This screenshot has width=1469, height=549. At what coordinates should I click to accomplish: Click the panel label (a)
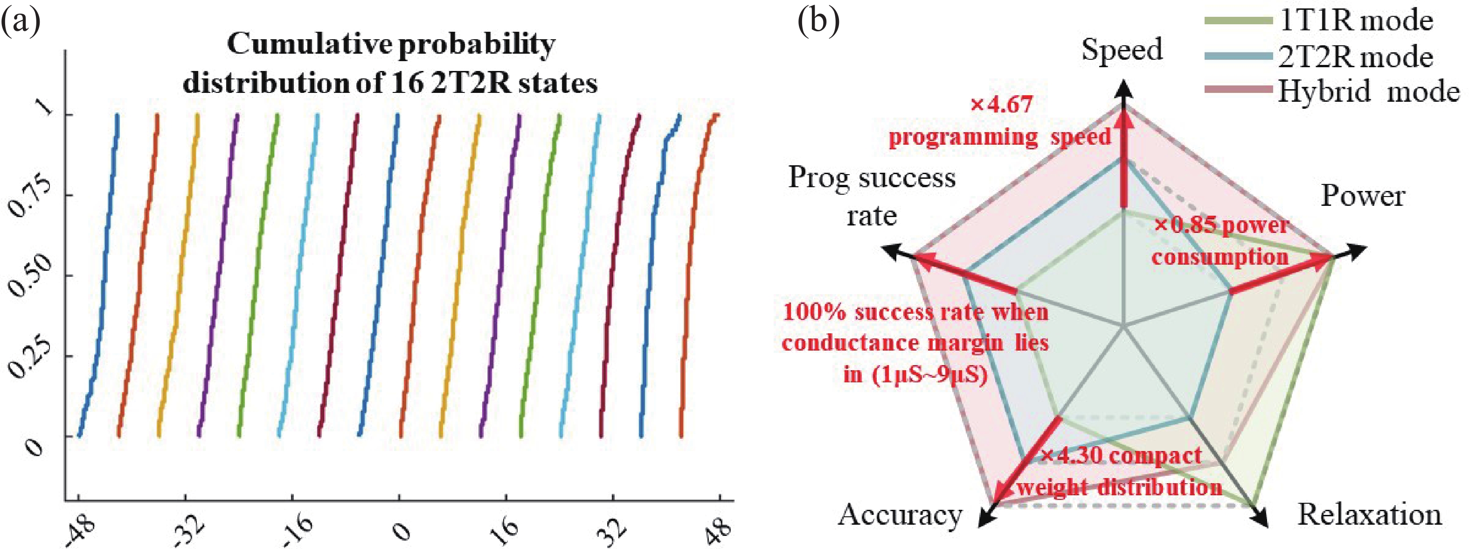21,23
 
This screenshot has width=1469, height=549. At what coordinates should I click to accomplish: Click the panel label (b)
819,23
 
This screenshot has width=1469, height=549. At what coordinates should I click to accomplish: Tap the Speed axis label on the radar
1122,49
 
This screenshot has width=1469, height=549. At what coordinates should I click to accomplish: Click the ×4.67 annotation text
1001,105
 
